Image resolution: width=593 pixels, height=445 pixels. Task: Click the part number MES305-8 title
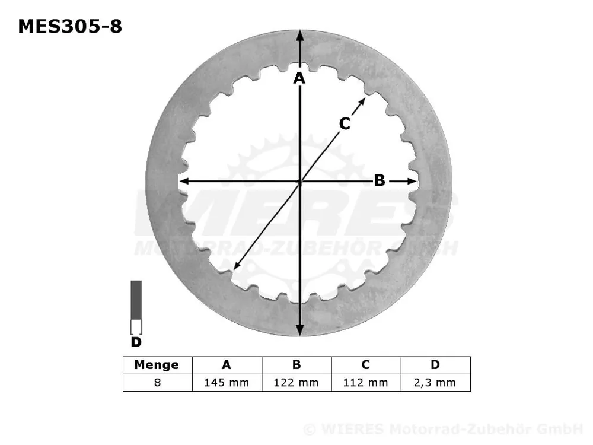pyautogui.click(x=70, y=26)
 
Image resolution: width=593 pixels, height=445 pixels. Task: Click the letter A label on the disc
pyautogui.click(x=299, y=78)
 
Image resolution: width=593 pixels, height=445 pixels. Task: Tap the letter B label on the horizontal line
pyautogui.click(x=380, y=180)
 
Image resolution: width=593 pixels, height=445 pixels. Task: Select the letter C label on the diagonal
pyautogui.click(x=345, y=123)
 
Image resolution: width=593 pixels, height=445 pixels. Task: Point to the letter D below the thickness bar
pyautogui.click(x=136, y=342)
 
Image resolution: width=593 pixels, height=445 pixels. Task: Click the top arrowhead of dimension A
pyautogui.click(x=300, y=34)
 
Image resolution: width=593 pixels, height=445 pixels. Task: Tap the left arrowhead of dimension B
pyautogui.click(x=184, y=181)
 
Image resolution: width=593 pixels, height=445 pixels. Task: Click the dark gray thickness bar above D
pyautogui.click(x=136, y=300)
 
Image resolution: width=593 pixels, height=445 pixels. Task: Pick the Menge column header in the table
pyautogui.click(x=157, y=365)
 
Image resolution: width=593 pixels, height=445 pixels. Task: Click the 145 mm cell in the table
pyautogui.click(x=227, y=383)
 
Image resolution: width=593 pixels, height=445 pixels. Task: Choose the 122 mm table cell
pyautogui.click(x=296, y=383)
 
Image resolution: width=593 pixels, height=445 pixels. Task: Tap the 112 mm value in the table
pyautogui.click(x=365, y=383)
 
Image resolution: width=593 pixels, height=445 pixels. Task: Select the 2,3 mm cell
pyautogui.click(x=435, y=383)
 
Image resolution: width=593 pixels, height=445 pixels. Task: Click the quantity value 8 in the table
pyautogui.click(x=157, y=383)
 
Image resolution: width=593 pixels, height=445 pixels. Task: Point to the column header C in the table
pyautogui.click(x=365, y=365)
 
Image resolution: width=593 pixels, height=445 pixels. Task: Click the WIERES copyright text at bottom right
pyautogui.click(x=443, y=429)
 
